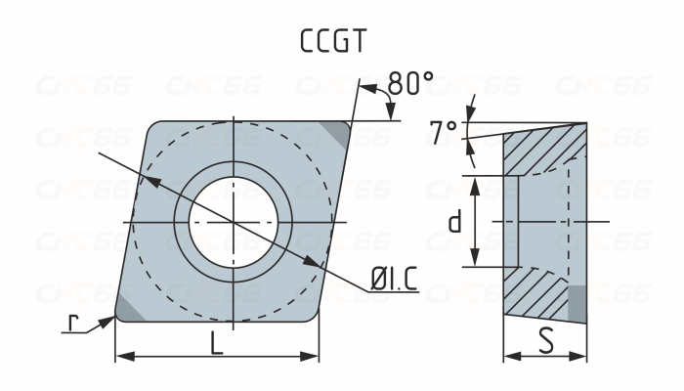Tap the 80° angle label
tap(410, 85)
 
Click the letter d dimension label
tap(454, 223)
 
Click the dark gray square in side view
tap(577, 303)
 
